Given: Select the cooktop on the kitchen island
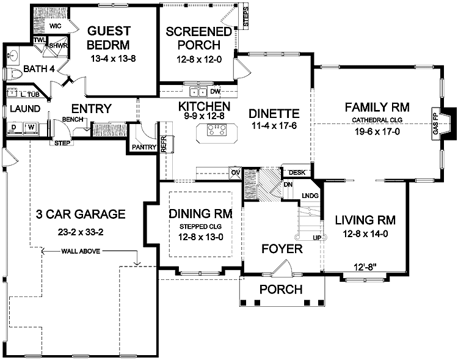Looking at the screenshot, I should click(x=217, y=129).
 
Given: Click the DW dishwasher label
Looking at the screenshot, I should click(x=214, y=92).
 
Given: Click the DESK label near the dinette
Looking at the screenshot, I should click(x=297, y=172).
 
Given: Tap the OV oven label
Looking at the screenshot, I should click(x=234, y=173).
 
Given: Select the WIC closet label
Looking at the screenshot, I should click(x=56, y=26).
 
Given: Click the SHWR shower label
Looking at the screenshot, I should click(x=58, y=45).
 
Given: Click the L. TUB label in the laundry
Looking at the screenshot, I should click(x=28, y=95).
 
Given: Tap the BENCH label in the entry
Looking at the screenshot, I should click(x=72, y=119).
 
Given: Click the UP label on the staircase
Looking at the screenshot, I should click(x=317, y=237).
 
